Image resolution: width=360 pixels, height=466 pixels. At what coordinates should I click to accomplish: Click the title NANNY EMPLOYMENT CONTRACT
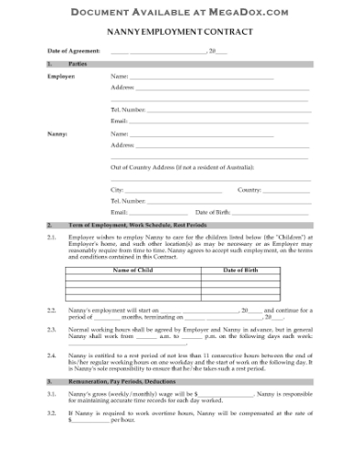coord(179,32)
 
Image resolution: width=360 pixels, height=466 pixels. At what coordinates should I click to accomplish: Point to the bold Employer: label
coord(61,78)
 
